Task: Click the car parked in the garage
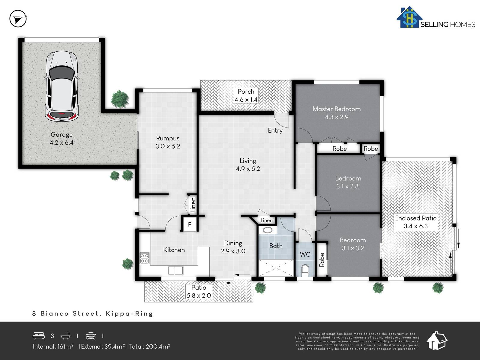click(61, 86)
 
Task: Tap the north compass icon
click(18, 19)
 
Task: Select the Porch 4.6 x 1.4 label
click(246, 95)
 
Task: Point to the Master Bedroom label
click(337, 109)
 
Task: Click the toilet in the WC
click(305, 269)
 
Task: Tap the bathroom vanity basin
click(267, 230)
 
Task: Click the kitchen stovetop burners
click(145, 258)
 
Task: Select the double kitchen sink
click(175, 271)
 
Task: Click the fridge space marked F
click(190, 224)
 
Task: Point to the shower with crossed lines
click(276, 268)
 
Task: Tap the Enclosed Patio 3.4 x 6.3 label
click(416, 222)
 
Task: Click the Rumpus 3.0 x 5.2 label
click(168, 142)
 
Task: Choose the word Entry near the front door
click(275, 130)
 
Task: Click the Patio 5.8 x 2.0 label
click(199, 292)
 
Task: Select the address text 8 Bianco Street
click(65, 313)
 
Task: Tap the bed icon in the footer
click(39, 336)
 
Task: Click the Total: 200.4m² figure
click(150, 346)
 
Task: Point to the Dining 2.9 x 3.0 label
click(233, 247)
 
